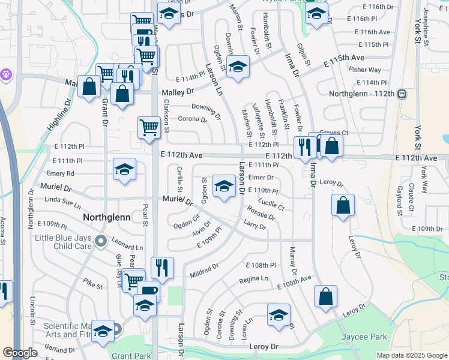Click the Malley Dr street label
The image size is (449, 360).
point(178,92)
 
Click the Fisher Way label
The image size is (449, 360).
point(369,70)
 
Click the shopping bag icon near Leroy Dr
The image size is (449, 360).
point(342,205)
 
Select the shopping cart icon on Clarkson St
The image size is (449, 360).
point(149,127)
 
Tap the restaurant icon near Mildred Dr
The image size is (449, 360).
point(161,268)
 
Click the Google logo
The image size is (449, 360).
point(20,353)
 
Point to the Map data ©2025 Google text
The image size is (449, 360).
point(411,355)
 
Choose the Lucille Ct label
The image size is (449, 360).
point(272,205)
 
